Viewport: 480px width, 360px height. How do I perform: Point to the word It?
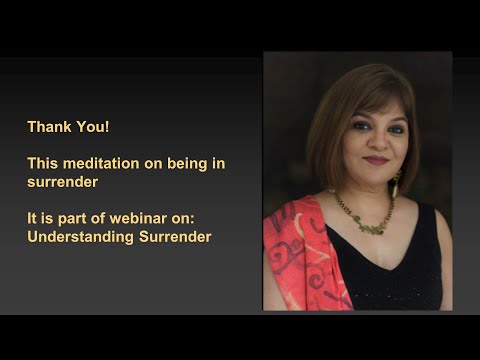pyautogui.click(x=32, y=219)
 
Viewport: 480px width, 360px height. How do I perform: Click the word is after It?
pyautogui.click(x=50, y=219)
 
